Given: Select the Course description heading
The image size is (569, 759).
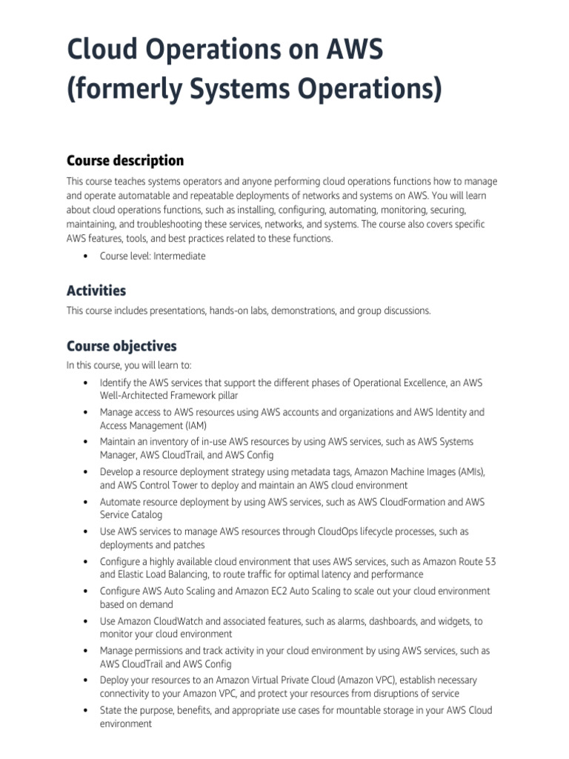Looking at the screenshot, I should [x=125, y=161].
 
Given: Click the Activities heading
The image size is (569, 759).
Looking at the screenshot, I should [x=96, y=291].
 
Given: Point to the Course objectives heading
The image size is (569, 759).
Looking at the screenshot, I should [x=122, y=346].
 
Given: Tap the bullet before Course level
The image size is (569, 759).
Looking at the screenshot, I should [x=86, y=256].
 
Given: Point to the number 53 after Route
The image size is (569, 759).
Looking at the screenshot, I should [x=489, y=562].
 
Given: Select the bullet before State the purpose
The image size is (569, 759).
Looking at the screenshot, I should [x=86, y=711].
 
